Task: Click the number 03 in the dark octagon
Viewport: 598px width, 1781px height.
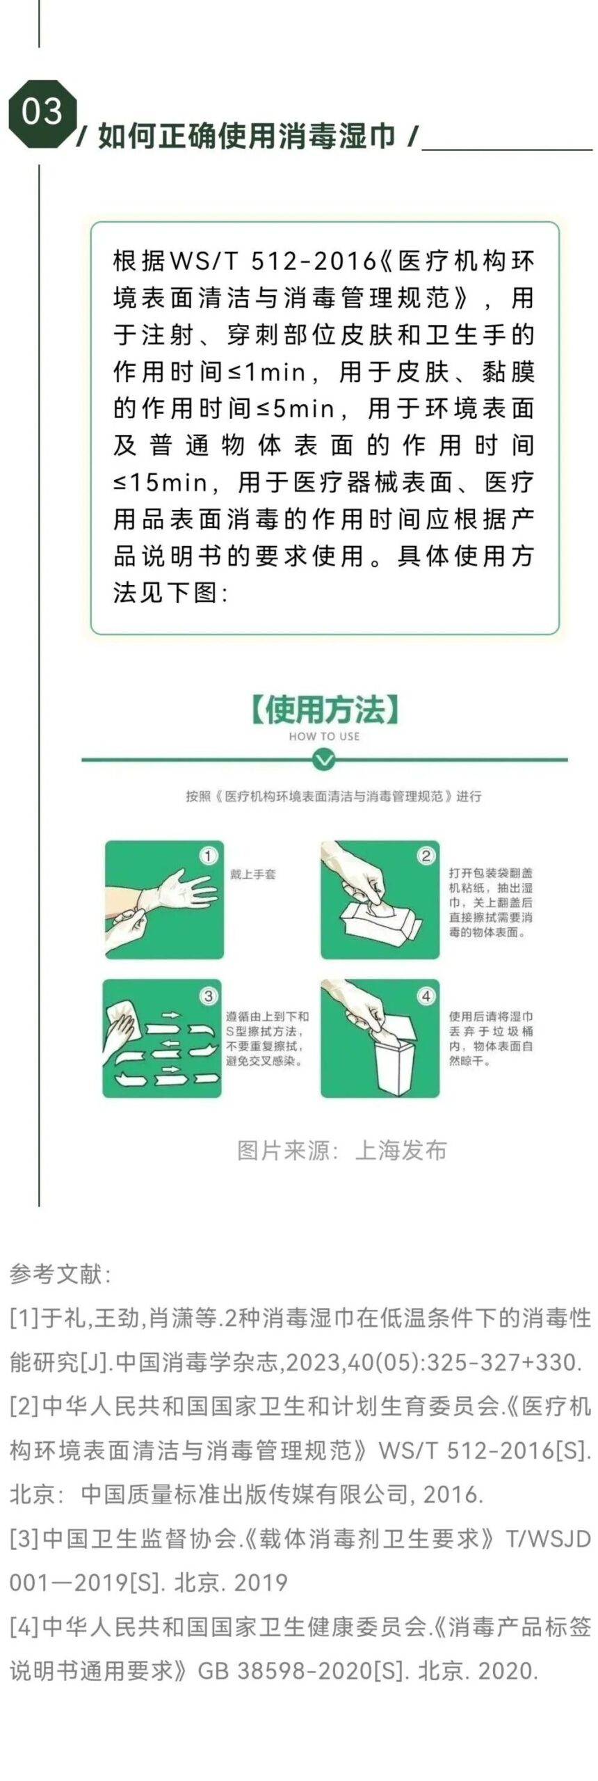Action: pyautogui.click(x=42, y=112)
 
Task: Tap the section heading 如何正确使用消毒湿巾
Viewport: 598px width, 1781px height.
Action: pyautogui.click(x=248, y=136)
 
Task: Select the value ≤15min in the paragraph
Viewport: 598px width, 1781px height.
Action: pyautogui.click(x=160, y=482)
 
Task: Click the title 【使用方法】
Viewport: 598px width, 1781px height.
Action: pyautogui.click(x=324, y=710)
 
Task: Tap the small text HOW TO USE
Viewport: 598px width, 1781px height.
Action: pyautogui.click(x=324, y=736)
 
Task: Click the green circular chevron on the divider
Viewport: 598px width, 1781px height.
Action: pyautogui.click(x=324, y=759)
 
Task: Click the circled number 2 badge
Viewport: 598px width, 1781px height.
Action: pyautogui.click(x=426, y=856)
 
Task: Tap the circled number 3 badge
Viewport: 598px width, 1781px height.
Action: pyautogui.click(x=207, y=996)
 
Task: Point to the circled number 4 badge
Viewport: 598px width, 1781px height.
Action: pyautogui.click(x=426, y=996)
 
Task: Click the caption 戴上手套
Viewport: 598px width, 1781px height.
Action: pyautogui.click(x=252, y=874)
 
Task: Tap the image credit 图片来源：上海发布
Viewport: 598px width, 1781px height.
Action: pyautogui.click(x=341, y=1150)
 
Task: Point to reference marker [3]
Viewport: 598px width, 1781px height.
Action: pyautogui.click(x=24, y=1538)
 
